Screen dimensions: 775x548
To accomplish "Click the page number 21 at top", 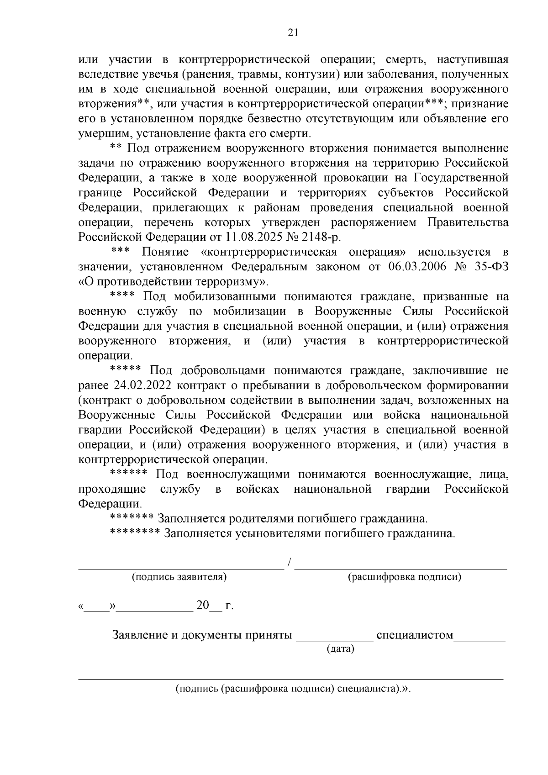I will click(x=293, y=32).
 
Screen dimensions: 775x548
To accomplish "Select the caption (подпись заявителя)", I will click(x=179, y=577).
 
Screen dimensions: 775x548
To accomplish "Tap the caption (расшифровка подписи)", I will click(x=404, y=577).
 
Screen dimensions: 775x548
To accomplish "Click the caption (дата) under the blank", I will click(x=340, y=648).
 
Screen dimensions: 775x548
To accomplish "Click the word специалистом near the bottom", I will click(x=414, y=635).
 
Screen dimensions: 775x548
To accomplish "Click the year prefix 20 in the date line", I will click(x=202, y=606).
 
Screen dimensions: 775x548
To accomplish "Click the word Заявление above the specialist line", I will click(x=140, y=635).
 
